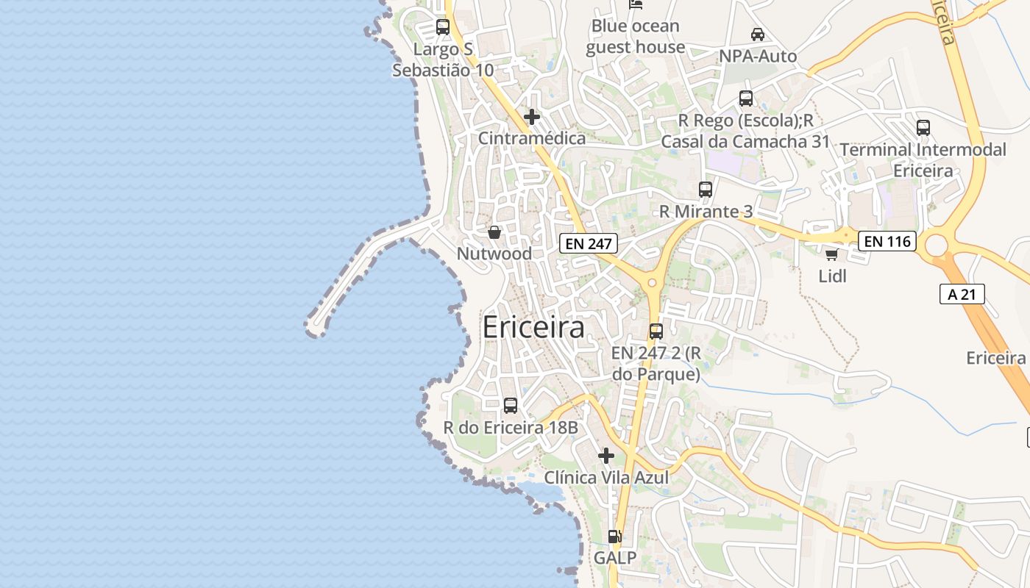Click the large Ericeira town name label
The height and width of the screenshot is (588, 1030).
533,328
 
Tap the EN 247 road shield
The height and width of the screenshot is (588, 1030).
588,243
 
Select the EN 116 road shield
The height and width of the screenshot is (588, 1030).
887,240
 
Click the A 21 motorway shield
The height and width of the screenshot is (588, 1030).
962,294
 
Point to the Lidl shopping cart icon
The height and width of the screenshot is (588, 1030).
831,254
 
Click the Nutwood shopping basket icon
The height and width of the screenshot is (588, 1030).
494,232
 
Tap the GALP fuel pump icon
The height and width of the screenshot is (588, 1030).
615,537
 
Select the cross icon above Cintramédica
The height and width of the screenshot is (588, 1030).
532,116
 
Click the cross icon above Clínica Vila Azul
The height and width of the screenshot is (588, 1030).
606,456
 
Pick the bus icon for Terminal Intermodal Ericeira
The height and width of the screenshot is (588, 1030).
923,127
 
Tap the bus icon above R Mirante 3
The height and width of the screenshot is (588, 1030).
706,189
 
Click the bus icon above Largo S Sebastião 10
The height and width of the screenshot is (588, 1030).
443,27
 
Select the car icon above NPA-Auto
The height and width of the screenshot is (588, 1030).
757,34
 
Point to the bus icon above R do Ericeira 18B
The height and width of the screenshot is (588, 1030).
510,405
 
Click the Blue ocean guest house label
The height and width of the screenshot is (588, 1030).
636,36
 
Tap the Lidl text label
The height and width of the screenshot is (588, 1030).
833,276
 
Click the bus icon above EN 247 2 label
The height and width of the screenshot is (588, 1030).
656,331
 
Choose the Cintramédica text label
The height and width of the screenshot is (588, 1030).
532,138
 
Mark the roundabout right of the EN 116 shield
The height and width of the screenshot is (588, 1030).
937,245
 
